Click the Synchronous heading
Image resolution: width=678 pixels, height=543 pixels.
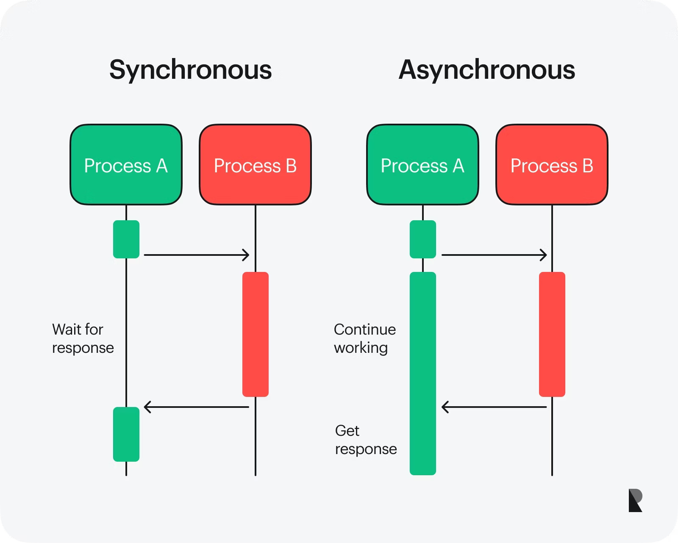pyautogui.click(x=190, y=70)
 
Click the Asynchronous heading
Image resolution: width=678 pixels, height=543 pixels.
pyautogui.click(x=487, y=70)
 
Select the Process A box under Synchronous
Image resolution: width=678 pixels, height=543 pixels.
pyautogui.click(x=126, y=165)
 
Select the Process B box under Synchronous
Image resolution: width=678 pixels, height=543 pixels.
pyautogui.click(x=255, y=165)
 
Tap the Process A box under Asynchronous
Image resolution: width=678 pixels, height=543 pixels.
pyautogui.click(x=422, y=165)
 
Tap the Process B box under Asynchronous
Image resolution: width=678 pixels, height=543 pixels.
pyautogui.click(x=552, y=165)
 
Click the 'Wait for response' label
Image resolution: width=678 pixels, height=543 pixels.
pyautogui.click(x=83, y=338)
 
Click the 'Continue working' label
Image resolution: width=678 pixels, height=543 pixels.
pyautogui.click(x=364, y=338)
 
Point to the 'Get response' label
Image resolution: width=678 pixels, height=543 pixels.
pyautogui.click(x=365, y=440)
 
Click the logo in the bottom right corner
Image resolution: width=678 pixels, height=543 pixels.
pyautogui.click(x=635, y=500)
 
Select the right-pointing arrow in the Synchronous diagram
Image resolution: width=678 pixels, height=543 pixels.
pyautogui.click(x=197, y=255)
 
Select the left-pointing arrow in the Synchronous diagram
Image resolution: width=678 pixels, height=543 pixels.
pyautogui.click(x=197, y=407)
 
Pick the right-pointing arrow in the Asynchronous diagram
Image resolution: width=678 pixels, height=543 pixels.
pyautogui.click(x=494, y=255)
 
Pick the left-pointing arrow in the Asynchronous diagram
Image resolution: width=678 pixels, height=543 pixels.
pyautogui.click(x=494, y=407)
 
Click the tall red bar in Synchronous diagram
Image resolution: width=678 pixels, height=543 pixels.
pyautogui.click(x=255, y=334)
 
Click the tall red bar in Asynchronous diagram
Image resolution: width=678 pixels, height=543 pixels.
pyautogui.click(x=552, y=334)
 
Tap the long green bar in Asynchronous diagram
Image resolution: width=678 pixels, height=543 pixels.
pyautogui.click(x=422, y=373)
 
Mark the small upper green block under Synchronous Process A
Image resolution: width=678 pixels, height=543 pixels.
pyautogui.click(x=126, y=239)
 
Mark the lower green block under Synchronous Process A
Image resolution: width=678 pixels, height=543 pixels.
pyautogui.click(x=126, y=434)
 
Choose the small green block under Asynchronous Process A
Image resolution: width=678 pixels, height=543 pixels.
pyautogui.click(x=422, y=239)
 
